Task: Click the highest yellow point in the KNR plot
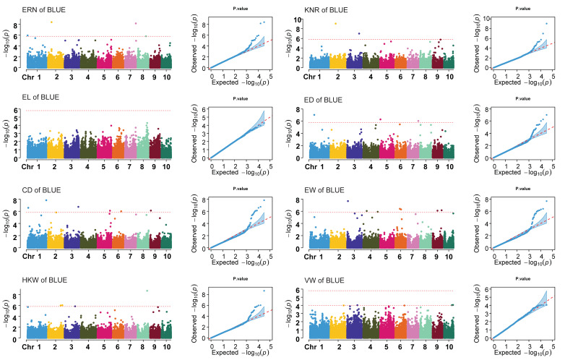pos(336,24)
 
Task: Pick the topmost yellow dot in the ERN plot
pos(51,22)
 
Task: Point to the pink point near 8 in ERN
pos(136,23)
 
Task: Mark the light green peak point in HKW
pos(147,291)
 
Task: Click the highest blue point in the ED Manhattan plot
pos(314,115)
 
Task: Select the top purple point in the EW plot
pos(348,201)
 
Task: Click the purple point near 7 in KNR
pos(359,33)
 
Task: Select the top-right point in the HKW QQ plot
pos(264,291)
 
